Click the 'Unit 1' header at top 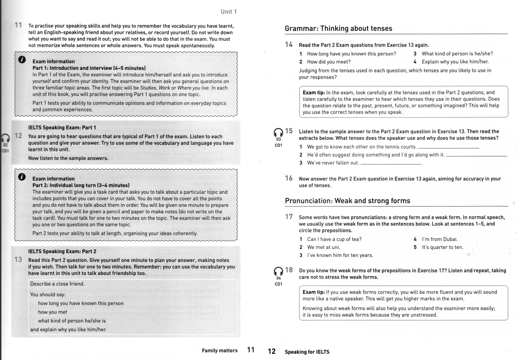pos(228,12)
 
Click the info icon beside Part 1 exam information pos(22,60)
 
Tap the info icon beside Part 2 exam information pos(22,177)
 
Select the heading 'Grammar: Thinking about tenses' pos(338,29)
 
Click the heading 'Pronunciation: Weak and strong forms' pos(347,201)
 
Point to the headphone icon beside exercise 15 pos(278,133)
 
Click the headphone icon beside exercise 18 pos(278,271)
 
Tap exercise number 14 pos(289,45)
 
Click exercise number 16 pos(289,178)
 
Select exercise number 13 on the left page pos(18,260)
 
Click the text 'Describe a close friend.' pos(57,284)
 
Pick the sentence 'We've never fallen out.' pos(333,163)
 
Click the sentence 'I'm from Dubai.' pos(440,239)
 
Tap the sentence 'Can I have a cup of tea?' pos(334,239)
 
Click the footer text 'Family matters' pos(219,351)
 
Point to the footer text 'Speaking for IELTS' pos(307,352)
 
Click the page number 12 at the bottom pos(272,351)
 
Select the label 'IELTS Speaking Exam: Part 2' pos(62,251)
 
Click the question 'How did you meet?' pos(329,62)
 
